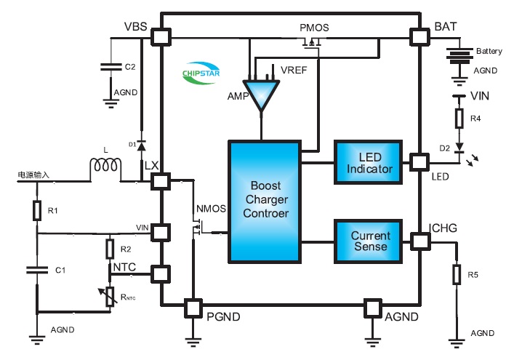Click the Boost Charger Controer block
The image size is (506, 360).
point(265,201)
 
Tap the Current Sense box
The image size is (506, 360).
point(370,241)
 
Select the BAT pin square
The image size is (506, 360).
point(418,36)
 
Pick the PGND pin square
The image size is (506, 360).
point(193,308)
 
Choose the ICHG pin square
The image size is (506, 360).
point(418,240)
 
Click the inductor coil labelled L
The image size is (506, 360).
point(106,169)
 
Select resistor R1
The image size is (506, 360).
point(37,211)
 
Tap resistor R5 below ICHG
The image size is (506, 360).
point(457,275)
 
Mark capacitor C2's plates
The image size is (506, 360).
point(111,66)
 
